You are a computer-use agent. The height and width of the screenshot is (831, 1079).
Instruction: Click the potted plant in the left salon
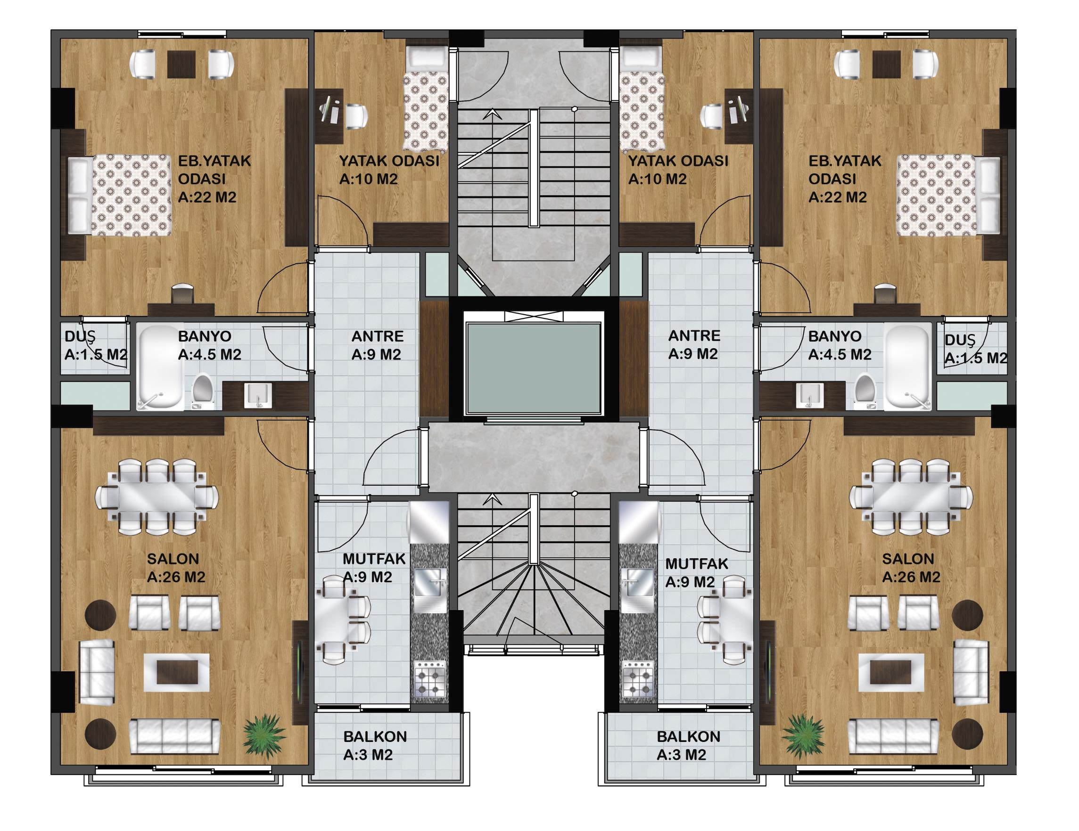(x=264, y=737)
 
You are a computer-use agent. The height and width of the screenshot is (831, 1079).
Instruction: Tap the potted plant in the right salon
(x=803, y=737)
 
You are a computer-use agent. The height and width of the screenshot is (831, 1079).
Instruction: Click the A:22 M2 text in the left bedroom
(x=207, y=197)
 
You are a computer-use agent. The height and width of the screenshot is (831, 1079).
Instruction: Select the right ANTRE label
(x=694, y=336)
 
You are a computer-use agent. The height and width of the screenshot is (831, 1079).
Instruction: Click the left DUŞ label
(x=80, y=337)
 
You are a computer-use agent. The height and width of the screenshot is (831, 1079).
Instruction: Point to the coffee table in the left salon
(x=176, y=671)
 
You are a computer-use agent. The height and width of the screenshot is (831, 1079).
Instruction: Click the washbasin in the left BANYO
(x=258, y=396)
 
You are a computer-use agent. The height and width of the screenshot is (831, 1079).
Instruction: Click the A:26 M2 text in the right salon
(x=912, y=577)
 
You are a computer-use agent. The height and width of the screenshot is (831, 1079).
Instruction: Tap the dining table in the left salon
(x=156, y=497)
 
